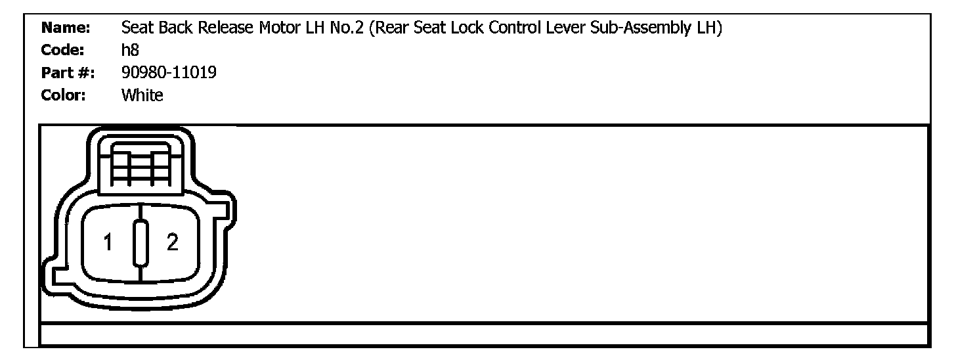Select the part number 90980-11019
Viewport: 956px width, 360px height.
click(x=169, y=73)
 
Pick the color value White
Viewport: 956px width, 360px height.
click(x=142, y=95)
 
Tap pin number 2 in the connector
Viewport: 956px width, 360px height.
click(x=172, y=243)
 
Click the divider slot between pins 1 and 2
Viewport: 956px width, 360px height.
click(x=140, y=244)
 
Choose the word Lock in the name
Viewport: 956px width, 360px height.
click(x=488, y=29)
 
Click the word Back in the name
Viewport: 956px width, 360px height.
click(x=167, y=29)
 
